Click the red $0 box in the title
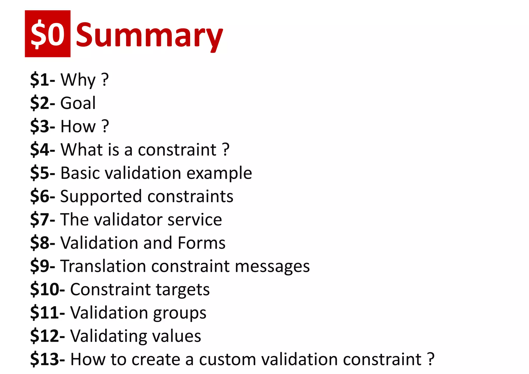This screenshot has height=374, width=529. pyautogui.click(x=48, y=34)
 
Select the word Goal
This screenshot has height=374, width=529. pyautogui.click(x=78, y=103)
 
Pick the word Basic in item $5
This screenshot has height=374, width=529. pyautogui.click(x=80, y=173)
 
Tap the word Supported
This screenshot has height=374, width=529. pyautogui.click(x=101, y=197)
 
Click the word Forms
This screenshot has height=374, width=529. pyautogui.click(x=201, y=243)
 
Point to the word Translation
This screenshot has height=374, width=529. pyautogui.click(x=103, y=266)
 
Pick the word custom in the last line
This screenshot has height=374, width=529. pyautogui.click(x=227, y=360)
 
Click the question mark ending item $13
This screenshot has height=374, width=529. pyautogui.click(x=431, y=359)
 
